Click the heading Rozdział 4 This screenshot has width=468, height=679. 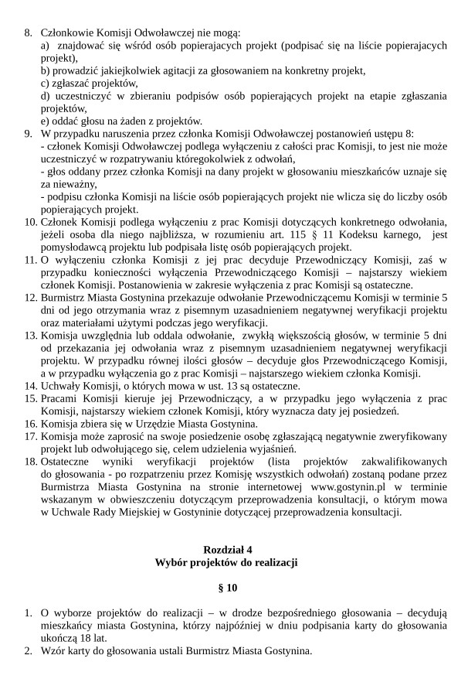pos(233,549)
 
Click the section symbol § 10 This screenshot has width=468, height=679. pos(233,587)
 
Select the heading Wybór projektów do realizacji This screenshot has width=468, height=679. pos(233,561)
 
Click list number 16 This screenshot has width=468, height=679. pos(30,424)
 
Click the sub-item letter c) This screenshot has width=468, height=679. pos(46,84)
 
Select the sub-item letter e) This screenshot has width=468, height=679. pos(46,121)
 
